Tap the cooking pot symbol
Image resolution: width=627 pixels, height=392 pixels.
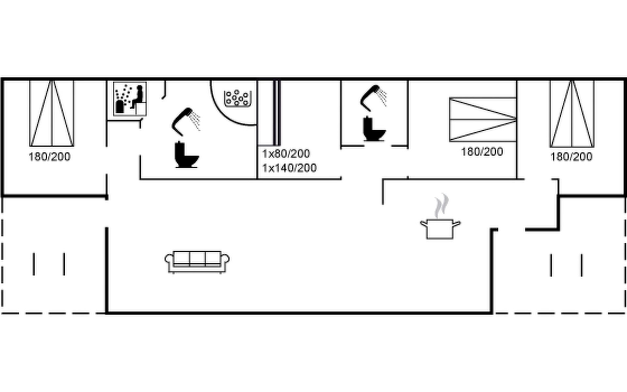coord(440,229)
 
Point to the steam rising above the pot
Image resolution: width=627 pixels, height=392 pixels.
coord(441,206)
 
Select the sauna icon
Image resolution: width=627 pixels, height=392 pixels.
coord(130,99)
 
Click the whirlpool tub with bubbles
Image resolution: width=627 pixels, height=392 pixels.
coord(238,98)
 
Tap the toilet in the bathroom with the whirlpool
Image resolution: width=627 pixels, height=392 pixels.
coord(186,155)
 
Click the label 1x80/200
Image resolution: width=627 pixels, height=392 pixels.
coord(286,154)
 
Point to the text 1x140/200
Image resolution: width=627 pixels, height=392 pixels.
coord(289,168)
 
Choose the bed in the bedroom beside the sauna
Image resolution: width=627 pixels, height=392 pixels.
coord(52,113)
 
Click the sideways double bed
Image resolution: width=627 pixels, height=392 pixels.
coord(483,120)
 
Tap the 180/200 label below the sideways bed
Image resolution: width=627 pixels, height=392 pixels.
coord(482,152)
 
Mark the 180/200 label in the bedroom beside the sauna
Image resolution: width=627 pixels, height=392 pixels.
coord(49,157)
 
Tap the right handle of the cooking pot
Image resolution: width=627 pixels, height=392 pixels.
coord(457,224)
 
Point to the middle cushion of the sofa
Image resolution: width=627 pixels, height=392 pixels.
coord(197,258)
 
